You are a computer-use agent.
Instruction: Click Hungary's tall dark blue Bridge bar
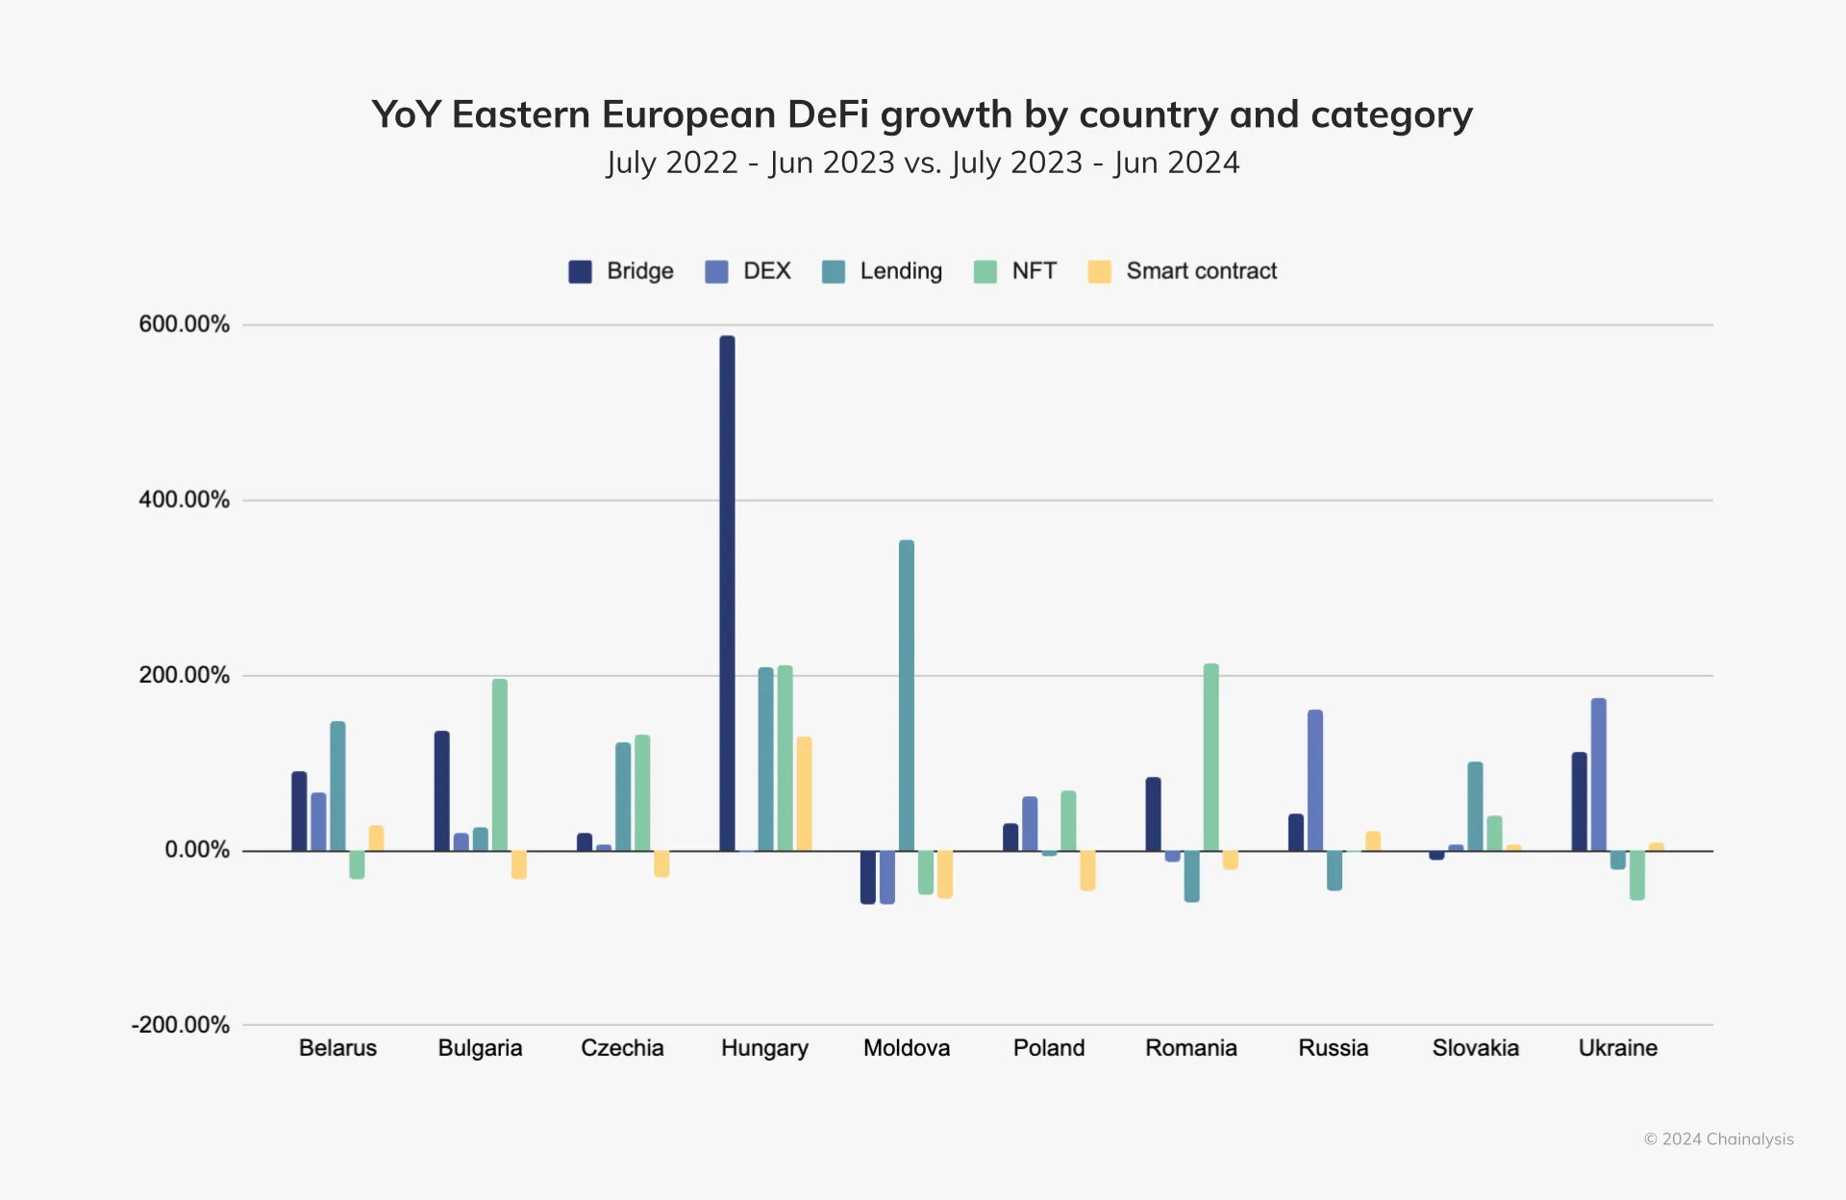click(727, 592)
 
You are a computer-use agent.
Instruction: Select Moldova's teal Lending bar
click(907, 695)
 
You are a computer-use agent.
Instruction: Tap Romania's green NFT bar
click(1210, 757)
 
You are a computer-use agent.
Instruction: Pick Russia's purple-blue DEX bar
click(1314, 780)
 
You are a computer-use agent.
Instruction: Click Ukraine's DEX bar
click(1598, 774)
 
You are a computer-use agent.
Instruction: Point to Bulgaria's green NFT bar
click(499, 764)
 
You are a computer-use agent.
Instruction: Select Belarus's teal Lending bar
click(337, 786)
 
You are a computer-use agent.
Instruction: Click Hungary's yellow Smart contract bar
click(804, 793)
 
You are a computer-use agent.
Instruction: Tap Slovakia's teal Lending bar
click(1475, 806)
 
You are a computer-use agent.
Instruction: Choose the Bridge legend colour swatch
click(580, 271)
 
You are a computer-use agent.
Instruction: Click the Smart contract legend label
click(1201, 271)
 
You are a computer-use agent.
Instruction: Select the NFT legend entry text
click(1034, 271)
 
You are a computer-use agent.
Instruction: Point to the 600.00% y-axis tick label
click(184, 324)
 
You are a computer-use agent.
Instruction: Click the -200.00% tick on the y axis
click(180, 1025)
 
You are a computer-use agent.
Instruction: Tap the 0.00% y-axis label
click(196, 850)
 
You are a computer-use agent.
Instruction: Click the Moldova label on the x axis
click(906, 1048)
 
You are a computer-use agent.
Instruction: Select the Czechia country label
click(622, 1048)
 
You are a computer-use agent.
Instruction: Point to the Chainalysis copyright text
click(1718, 1139)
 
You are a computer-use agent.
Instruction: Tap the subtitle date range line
click(922, 162)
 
